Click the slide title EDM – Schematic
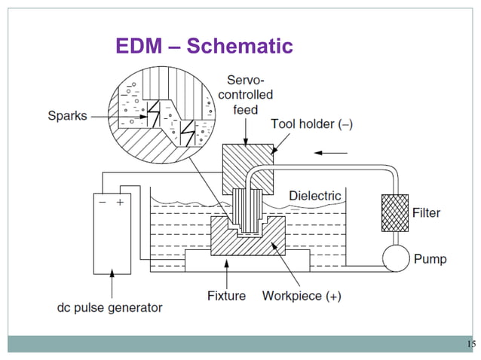(204, 47)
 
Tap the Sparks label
(67, 116)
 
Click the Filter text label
(426, 213)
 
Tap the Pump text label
(430, 259)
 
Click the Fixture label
(226, 295)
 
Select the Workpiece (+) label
(302, 295)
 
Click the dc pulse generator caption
(110, 307)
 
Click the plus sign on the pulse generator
(119, 203)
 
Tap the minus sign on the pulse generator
(102, 203)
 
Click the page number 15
(471, 344)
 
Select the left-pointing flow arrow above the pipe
(329, 153)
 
